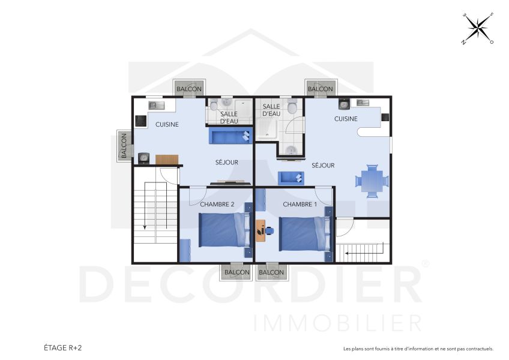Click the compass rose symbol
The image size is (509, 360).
click(x=478, y=28)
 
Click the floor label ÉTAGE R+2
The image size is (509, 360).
click(x=63, y=347)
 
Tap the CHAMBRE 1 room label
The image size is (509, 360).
click(x=300, y=205)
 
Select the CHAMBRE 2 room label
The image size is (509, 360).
click(x=217, y=205)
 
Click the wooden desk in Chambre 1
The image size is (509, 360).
click(x=260, y=230)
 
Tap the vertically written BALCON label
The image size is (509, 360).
click(x=124, y=146)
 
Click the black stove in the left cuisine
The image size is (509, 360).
click(x=140, y=121)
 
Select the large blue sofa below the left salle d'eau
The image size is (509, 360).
click(x=229, y=137)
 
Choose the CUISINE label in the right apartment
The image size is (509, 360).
click(x=346, y=119)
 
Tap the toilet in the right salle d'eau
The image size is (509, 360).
click(x=292, y=107)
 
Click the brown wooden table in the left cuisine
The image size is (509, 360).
click(x=167, y=160)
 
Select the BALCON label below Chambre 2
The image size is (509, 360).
click(x=236, y=272)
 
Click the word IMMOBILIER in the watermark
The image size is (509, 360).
click(x=338, y=323)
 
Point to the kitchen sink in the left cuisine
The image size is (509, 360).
click(x=156, y=106)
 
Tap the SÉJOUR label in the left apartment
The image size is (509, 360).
click(x=227, y=162)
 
